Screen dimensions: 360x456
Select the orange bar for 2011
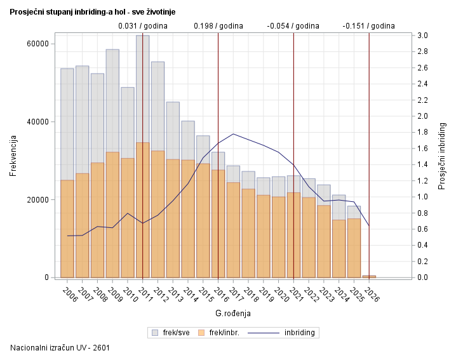[x=142, y=210]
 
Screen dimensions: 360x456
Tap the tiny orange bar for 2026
[x=369, y=276]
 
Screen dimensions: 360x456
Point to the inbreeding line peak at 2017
[x=233, y=134]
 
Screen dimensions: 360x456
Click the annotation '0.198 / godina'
[x=218, y=26]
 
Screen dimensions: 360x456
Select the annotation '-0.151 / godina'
[x=368, y=26]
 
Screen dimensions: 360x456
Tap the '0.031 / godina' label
[x=143, y=26]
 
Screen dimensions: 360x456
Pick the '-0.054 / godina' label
[x=293, y=26]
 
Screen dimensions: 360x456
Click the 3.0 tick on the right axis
[x=422, y=36]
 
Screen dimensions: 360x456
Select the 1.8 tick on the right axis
[x=422, y=132]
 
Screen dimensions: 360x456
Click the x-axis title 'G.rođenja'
[x=233, y=313]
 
